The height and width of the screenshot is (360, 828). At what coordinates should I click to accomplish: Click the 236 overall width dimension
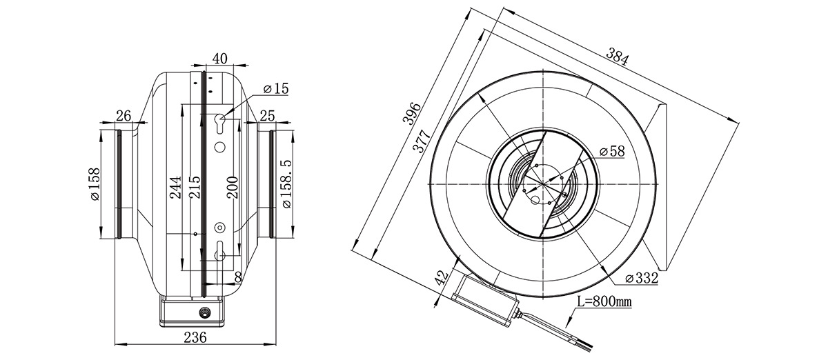point(195,337)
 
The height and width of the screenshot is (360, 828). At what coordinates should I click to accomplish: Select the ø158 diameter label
point(95,184)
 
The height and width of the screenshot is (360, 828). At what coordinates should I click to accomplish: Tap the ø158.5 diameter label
point(286,183)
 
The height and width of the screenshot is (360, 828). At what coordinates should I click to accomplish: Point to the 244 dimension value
point(175,188)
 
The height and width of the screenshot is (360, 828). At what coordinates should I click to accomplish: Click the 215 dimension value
point(195,187)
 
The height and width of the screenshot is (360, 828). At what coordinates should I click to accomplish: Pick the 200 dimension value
point(233,188)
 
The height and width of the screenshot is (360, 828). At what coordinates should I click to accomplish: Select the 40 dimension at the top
point(220,59)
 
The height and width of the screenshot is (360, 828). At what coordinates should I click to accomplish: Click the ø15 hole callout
point(276,89)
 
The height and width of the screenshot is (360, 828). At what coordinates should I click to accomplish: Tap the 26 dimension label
point(124,116)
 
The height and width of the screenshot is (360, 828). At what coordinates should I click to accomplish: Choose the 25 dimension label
point(267,116)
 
